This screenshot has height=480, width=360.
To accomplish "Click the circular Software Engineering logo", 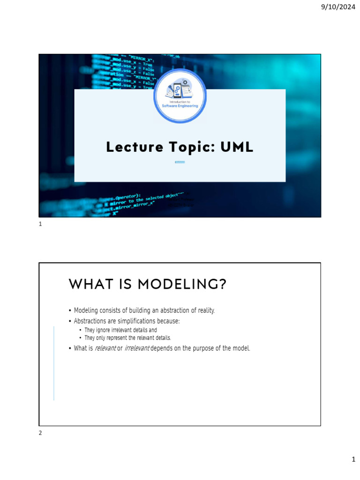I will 180,96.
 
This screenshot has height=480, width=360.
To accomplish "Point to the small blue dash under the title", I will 180,162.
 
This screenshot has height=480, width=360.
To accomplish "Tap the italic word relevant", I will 105,348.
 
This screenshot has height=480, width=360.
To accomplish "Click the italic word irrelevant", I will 137,348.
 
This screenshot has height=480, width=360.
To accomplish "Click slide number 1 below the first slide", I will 40,225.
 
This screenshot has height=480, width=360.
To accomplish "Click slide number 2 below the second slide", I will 40,433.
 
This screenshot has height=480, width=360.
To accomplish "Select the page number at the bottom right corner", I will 354,460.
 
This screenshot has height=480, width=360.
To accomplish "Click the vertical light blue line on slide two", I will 54,363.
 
